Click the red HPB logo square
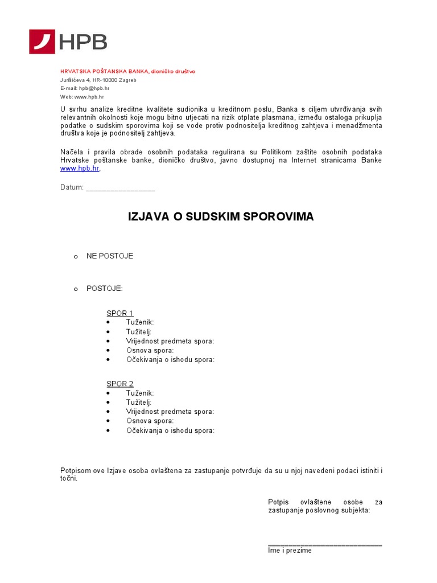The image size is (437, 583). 42,42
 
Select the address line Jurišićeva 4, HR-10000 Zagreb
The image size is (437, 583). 98,80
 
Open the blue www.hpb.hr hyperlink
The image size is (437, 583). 80,169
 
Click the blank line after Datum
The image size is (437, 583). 120,188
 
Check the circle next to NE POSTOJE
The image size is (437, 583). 75,257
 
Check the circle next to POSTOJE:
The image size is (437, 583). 75,290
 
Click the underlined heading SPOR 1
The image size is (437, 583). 119,313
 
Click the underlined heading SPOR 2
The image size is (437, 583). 119,384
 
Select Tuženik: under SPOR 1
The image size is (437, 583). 140,322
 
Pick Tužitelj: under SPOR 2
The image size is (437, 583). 139,402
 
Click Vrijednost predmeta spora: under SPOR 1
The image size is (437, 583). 170,341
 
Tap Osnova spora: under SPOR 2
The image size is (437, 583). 150,421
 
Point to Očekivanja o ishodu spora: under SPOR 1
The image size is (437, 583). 170,360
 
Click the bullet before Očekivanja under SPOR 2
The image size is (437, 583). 108,431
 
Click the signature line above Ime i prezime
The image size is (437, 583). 324,545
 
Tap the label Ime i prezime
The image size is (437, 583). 290,551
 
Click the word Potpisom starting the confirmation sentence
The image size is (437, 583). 76,470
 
